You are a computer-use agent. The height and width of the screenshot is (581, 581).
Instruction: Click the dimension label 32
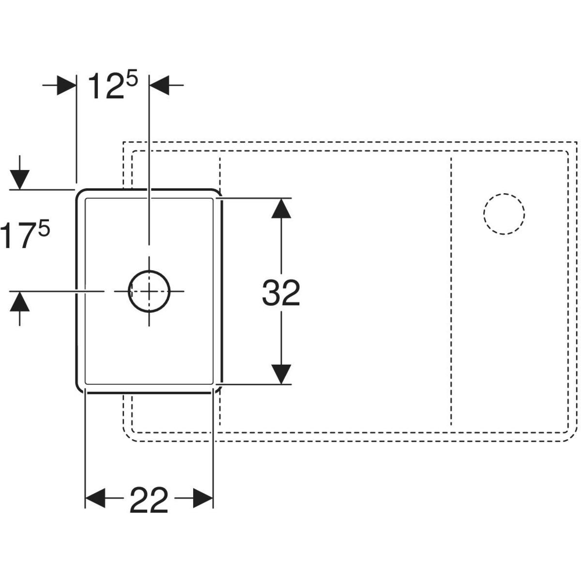tap(281, 293)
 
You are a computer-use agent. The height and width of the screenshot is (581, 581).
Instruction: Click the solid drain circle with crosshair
tap(149, 291)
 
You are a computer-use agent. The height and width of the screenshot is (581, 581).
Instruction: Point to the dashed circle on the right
tap(505, 214)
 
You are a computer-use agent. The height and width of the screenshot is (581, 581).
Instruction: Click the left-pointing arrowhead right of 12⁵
tap(159, 85)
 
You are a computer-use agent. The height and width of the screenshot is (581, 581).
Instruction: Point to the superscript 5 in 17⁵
tap(44, 228)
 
